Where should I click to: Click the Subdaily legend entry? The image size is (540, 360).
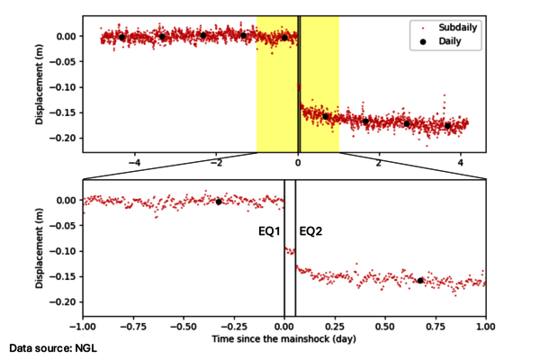click(x=457, y=28)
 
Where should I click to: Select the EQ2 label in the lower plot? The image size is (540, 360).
click(x=310, y=231)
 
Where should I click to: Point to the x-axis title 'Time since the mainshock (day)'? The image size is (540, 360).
click(x=284, y=339)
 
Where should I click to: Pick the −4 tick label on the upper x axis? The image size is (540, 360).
click(x=134, y=164)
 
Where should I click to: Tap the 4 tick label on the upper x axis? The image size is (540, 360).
click(x=461, y=164)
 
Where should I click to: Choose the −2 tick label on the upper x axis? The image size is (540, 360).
click(x=215, y=164)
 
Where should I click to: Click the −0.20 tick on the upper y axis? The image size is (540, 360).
click(x=63, y=138)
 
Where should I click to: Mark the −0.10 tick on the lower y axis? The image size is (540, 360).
click(x=63, y=251)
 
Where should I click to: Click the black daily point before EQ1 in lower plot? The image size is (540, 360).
click(x=218, y=202)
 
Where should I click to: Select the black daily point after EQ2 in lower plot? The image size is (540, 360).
click(x=420, y=281)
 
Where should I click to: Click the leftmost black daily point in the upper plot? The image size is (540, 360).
click(x=122, y=37)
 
